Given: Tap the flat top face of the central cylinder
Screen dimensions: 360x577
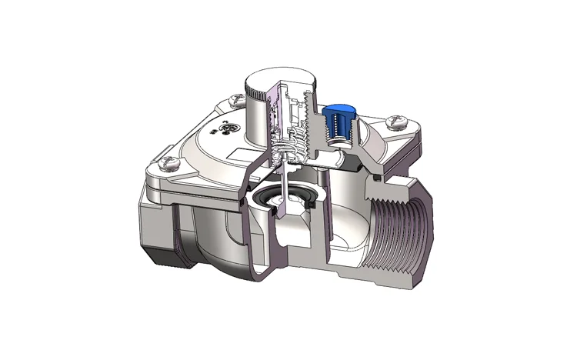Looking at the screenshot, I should click(x=282, y=77).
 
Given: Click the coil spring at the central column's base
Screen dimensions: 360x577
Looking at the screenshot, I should click(x=288, y=146).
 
